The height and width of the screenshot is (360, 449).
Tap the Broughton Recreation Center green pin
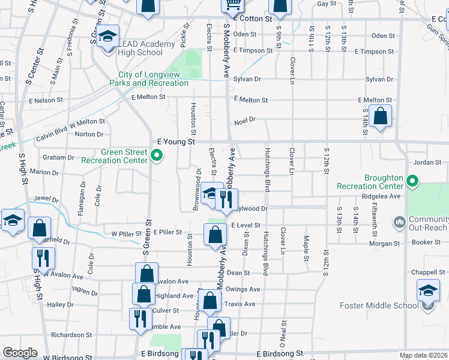click(x=412, y=181)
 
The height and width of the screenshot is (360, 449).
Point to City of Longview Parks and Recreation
click(x=149, y=79)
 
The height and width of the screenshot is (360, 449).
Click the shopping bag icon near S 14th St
click(x=380, y=116)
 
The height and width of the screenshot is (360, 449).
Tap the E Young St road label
click(x=176, y=142)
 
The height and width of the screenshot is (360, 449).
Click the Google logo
click(x=20, y=353)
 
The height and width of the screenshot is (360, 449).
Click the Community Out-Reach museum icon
click(x=400, y=223)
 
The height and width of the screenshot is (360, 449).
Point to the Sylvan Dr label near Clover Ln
click(x=249, y=79)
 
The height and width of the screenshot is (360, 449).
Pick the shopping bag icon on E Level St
click(x=215, y=234)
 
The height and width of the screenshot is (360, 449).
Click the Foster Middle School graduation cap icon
click(x=428, y=291)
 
